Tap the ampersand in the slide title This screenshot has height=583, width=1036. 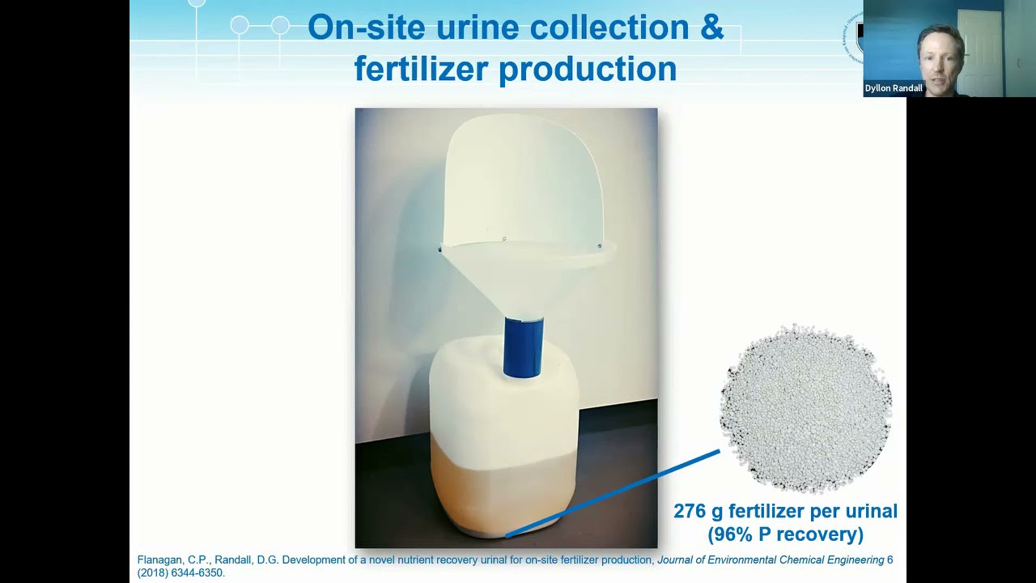710,27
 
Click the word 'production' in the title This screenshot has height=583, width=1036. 588,68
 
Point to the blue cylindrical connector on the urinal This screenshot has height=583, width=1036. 524,347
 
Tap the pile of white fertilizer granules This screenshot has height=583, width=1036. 805,409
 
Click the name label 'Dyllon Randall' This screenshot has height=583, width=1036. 894,88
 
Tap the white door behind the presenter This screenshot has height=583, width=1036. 981,49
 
